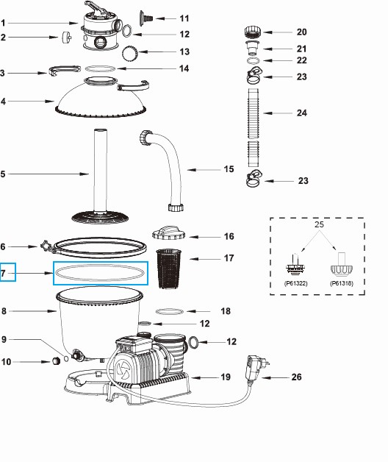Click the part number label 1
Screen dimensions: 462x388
[4, 23]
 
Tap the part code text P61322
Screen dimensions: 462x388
[295, 282]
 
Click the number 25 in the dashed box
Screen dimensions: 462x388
[317, 224]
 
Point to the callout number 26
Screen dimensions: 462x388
[297, 378]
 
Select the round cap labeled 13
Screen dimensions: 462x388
[131, 52]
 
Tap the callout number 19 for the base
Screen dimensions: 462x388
[226, 377]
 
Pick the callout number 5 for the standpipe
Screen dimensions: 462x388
[4, 174]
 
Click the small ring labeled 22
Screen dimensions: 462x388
[253, 61]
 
